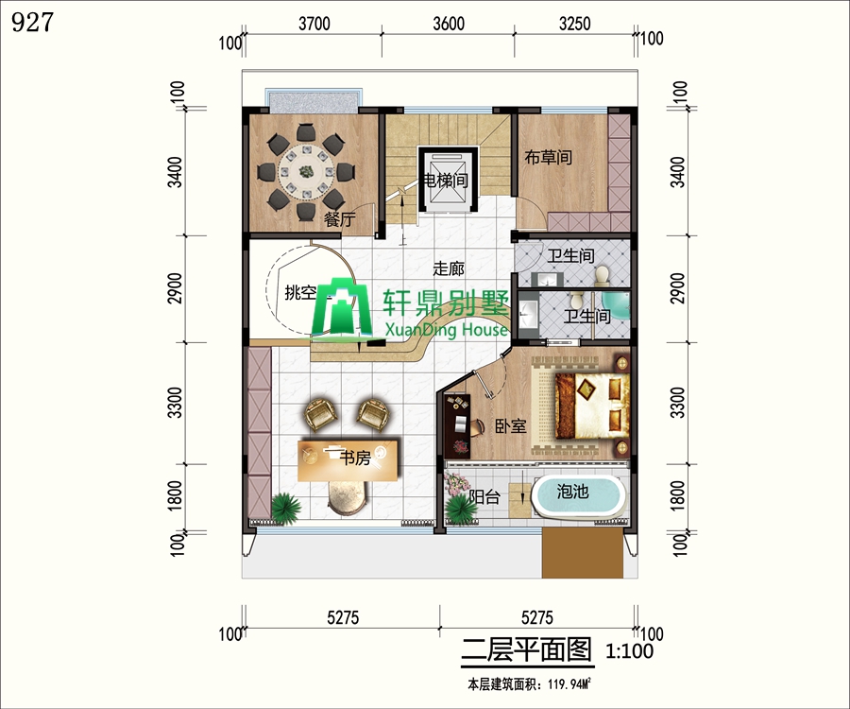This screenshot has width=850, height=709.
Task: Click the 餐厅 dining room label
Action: [339, 219]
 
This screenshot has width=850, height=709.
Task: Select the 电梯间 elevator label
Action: [445, 180]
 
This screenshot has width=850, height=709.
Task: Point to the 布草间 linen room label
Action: [548, 157]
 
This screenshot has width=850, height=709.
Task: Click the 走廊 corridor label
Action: [449, 268]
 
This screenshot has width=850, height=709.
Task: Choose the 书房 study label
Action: [355, 458]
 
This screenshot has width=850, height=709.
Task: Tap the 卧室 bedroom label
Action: [511, 425]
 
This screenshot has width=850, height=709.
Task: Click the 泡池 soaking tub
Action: [578, 495]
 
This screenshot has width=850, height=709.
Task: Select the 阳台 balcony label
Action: [484, 496]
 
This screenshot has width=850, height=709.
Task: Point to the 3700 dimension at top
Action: [314, 24]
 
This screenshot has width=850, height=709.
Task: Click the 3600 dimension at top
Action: [449, 24]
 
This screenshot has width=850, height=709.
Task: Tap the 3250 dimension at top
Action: [575, 24]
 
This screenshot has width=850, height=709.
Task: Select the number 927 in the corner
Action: [32, 23]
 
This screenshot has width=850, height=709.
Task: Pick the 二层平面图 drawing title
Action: [526, 649]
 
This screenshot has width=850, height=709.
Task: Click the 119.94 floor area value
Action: [559, 685]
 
